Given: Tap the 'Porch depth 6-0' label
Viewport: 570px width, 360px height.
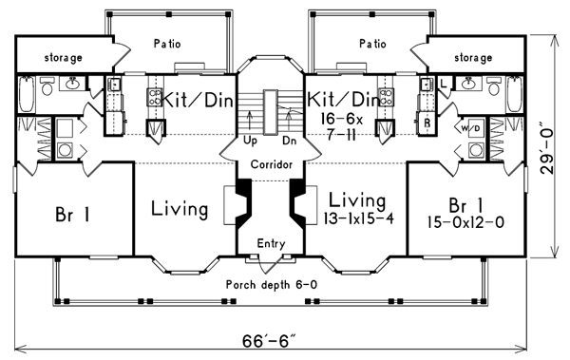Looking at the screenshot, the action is click(272, 284).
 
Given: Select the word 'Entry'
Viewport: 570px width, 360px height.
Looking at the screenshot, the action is click(271, 243).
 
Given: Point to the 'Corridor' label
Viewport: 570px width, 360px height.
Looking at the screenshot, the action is click(272, 164).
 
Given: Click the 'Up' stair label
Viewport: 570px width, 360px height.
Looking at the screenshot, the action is click(250, 142).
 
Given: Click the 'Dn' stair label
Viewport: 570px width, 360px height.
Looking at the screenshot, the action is click(290, 141).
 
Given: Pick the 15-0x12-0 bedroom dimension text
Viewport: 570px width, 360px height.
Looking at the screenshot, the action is click(465, 222).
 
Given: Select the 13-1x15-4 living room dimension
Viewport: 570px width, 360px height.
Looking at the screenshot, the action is click(358, 218).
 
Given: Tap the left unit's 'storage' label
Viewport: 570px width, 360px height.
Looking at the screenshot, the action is click(64, 57).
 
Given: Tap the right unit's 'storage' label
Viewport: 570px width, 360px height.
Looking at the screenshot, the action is click(473, 57).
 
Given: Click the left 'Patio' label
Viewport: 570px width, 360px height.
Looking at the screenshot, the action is click(167, 44).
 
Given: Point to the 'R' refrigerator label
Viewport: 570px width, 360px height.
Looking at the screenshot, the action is click(427, 123).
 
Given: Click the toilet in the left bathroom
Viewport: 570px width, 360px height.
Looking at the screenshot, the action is click(47, 85).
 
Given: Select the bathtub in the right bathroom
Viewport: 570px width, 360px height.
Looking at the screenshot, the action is click(515, 94).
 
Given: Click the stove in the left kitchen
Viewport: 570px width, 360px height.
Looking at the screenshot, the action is click(155, 97).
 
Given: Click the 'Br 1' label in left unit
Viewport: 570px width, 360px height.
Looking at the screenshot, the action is click(72, 214).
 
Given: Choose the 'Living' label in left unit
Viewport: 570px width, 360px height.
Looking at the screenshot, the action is click(180, 208).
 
